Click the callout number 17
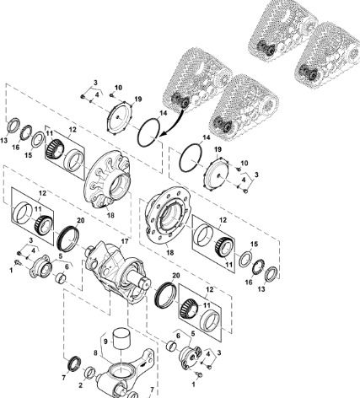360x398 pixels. pos(125,241)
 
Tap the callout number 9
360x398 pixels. pos(105,342)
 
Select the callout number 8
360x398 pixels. pos(95,352)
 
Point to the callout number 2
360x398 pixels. pos(81,385)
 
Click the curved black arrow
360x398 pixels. pos(173,123)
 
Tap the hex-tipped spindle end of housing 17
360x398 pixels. pos(146,283)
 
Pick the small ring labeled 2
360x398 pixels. pos(90,373)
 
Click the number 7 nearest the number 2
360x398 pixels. pos(64,378)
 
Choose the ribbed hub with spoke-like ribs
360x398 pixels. pos(108,180)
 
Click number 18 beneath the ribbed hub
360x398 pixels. pos(110,215)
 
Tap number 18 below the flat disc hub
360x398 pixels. pos(170,253)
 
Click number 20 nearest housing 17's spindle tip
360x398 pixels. pos(175,276)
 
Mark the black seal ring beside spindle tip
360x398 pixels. pos(165,295)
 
